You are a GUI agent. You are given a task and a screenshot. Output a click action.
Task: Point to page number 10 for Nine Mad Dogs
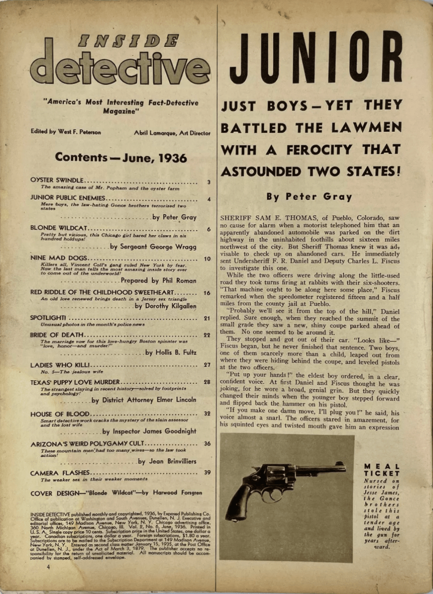207,259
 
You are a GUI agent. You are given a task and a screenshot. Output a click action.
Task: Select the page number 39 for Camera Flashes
207,473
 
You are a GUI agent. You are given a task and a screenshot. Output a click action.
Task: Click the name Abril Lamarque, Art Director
173,132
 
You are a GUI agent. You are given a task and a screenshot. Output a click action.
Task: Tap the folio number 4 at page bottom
48,566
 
